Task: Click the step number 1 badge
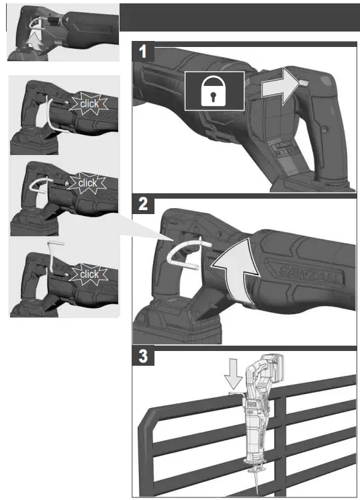(142, 52)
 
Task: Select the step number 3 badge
(142, 356)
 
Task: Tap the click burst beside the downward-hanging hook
(88, 104)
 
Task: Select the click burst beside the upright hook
(88, 274)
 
